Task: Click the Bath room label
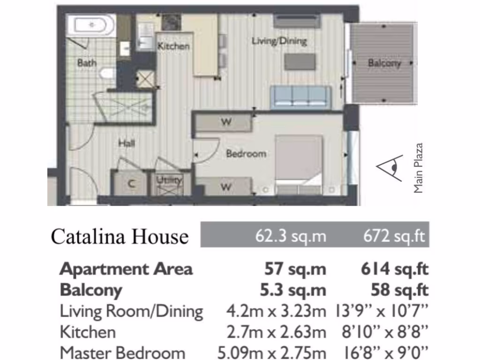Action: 87,62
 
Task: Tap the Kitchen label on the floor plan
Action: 173,46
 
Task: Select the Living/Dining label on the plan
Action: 279,41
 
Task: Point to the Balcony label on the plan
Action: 384,63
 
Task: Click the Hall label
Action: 127,143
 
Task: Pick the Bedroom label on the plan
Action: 246,153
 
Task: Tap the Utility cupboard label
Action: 169,180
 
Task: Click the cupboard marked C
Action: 131,184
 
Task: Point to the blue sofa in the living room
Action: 300,97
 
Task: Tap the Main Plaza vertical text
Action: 418,168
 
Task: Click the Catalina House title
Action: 120,236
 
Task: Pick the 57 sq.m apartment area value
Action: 295,269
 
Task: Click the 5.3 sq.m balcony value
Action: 293,290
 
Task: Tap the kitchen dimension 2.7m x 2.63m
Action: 276,332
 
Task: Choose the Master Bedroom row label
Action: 122,352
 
